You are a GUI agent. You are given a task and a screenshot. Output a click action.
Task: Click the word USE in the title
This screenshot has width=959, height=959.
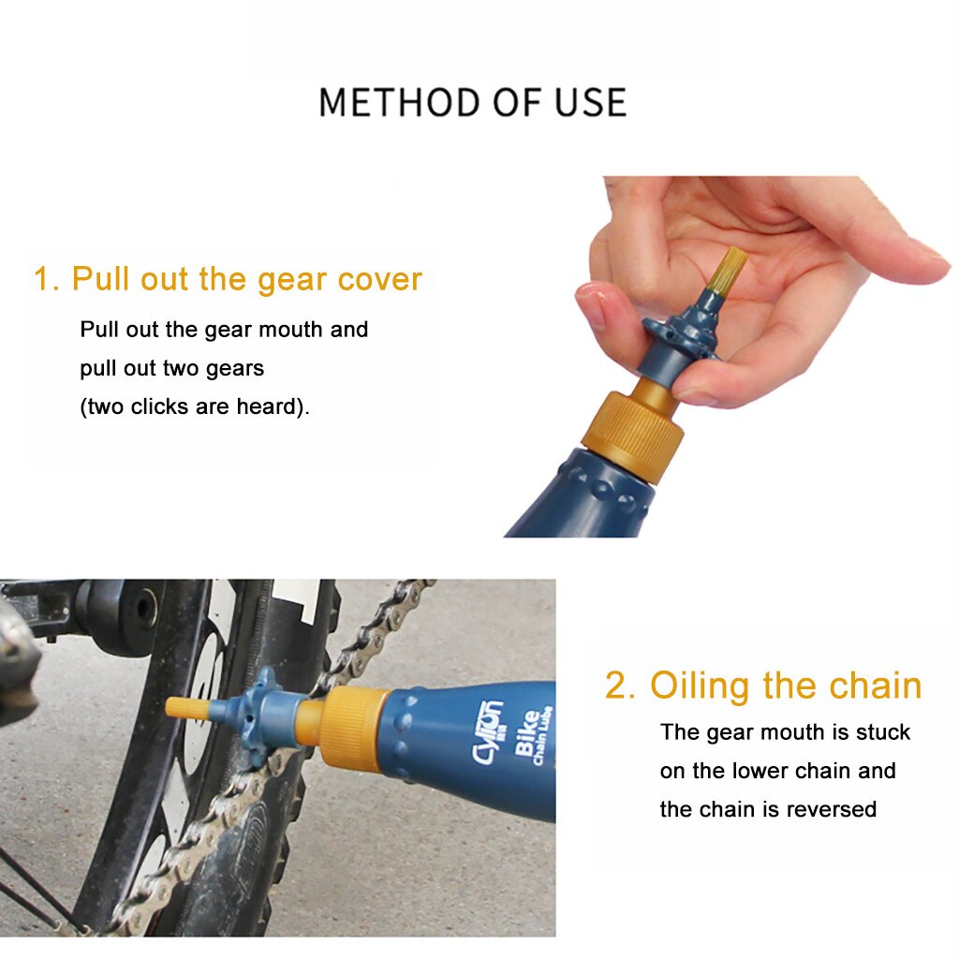click(x=590, y=102)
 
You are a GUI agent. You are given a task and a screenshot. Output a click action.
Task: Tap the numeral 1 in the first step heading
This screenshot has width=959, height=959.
click(x=43, y=279)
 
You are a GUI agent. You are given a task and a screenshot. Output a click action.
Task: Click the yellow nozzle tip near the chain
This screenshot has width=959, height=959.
click(x=182, y=707)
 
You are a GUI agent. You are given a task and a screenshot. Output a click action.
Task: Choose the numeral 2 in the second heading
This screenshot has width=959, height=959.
click(x=619, y=686)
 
